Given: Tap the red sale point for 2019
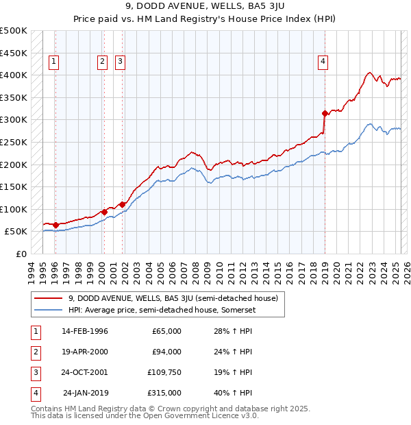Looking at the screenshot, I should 325,113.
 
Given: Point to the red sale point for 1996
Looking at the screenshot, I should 55,225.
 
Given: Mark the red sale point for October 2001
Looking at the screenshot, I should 122,204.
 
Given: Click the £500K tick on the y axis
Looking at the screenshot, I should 14,31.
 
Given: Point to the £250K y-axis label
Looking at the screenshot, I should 14,142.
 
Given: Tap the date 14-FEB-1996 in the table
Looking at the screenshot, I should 85,331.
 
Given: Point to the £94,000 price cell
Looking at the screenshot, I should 166,352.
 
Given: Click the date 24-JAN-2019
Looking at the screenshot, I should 85,393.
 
